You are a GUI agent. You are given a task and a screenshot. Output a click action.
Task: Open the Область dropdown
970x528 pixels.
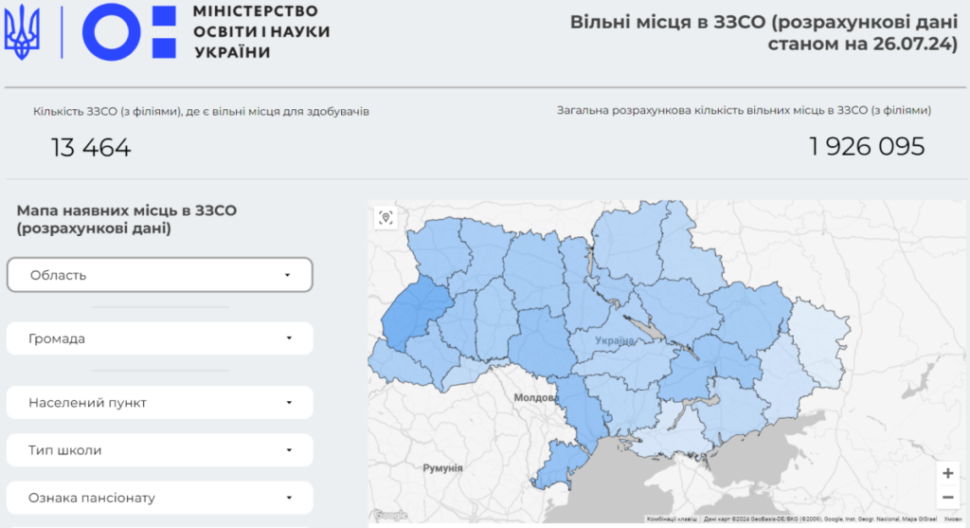click(159, 275)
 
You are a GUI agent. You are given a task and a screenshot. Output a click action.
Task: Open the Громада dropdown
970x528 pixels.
click(159, 338)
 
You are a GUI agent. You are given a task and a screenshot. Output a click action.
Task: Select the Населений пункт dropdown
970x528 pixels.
click(159, 402)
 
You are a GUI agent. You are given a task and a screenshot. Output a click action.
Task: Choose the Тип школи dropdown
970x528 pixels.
click(159, 450)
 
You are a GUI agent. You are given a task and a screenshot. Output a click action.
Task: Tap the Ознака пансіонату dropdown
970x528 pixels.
click(159, 498)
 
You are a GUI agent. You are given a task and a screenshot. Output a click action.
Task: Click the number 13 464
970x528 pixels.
click(91, 147)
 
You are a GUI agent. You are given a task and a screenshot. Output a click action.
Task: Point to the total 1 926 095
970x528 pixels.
click(866, 147)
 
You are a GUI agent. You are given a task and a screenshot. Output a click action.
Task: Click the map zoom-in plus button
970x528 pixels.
click(947, 473)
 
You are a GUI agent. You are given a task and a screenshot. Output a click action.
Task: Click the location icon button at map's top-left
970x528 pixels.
click(386, 218)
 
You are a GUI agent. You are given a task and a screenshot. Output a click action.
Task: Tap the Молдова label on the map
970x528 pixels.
click(536, 398)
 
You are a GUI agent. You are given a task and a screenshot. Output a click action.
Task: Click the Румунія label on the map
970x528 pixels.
click(442, 467)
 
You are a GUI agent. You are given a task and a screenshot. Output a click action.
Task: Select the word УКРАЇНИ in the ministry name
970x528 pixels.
click(232, 52)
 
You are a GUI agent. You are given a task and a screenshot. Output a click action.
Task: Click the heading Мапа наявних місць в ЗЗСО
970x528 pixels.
click(127, 210)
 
